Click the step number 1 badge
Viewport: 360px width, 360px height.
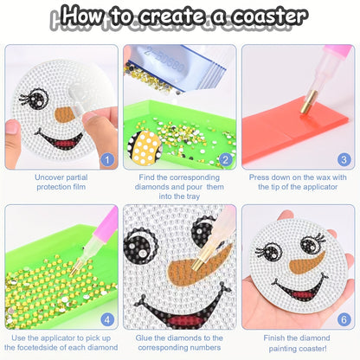[x=107, y=159]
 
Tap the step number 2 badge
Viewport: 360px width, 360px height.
[x=226, y=159]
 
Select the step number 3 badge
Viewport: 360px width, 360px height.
[x=344, y=159]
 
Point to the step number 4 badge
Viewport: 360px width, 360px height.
[x=107, y=319]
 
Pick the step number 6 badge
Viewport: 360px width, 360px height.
[x=344, y=319]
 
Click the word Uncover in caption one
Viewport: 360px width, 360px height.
[x=48, y=177]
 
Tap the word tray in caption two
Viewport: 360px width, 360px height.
[x=192, y=196]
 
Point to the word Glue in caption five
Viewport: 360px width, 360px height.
[x=144, y=337]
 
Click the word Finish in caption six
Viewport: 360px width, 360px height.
[x=274, y=337]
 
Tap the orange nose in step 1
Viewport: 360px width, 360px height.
[x=65, y=114]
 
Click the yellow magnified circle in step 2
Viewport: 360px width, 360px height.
[x=145, y=146]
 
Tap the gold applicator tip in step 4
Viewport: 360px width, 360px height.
[x=75, y=267]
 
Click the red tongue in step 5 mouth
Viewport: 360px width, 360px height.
[x=183, y=320]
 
